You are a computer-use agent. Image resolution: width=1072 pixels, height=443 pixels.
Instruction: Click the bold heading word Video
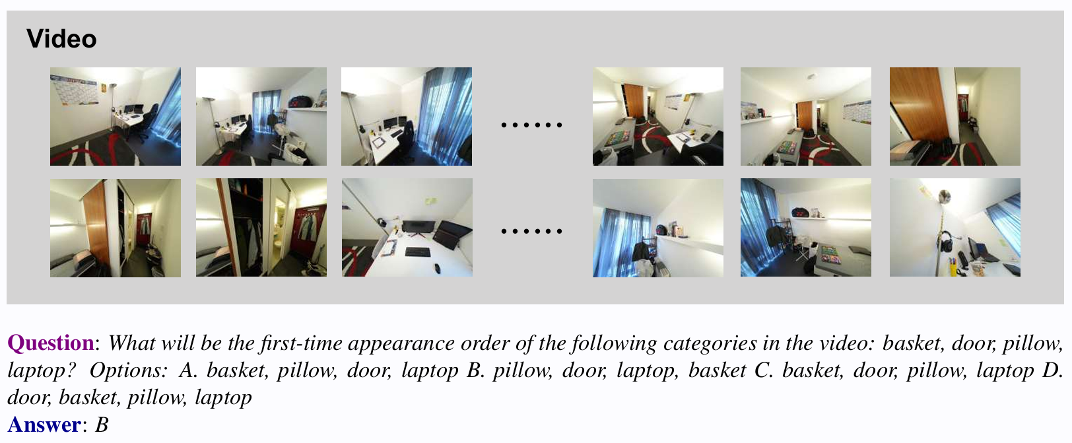tap(61, 39)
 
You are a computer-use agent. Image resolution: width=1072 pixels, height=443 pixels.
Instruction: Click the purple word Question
tap(50, 343)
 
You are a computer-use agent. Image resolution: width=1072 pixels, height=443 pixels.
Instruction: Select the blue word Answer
tap(44, 425)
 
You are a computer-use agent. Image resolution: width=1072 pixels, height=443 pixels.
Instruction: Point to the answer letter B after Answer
tap(102, 425)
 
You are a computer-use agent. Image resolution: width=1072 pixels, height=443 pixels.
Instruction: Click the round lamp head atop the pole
tap(945, 195)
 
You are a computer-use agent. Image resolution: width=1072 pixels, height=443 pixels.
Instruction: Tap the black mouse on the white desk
tap(437, 267)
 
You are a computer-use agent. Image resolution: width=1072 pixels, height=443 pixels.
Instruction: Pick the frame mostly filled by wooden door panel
tap(955, 116)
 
